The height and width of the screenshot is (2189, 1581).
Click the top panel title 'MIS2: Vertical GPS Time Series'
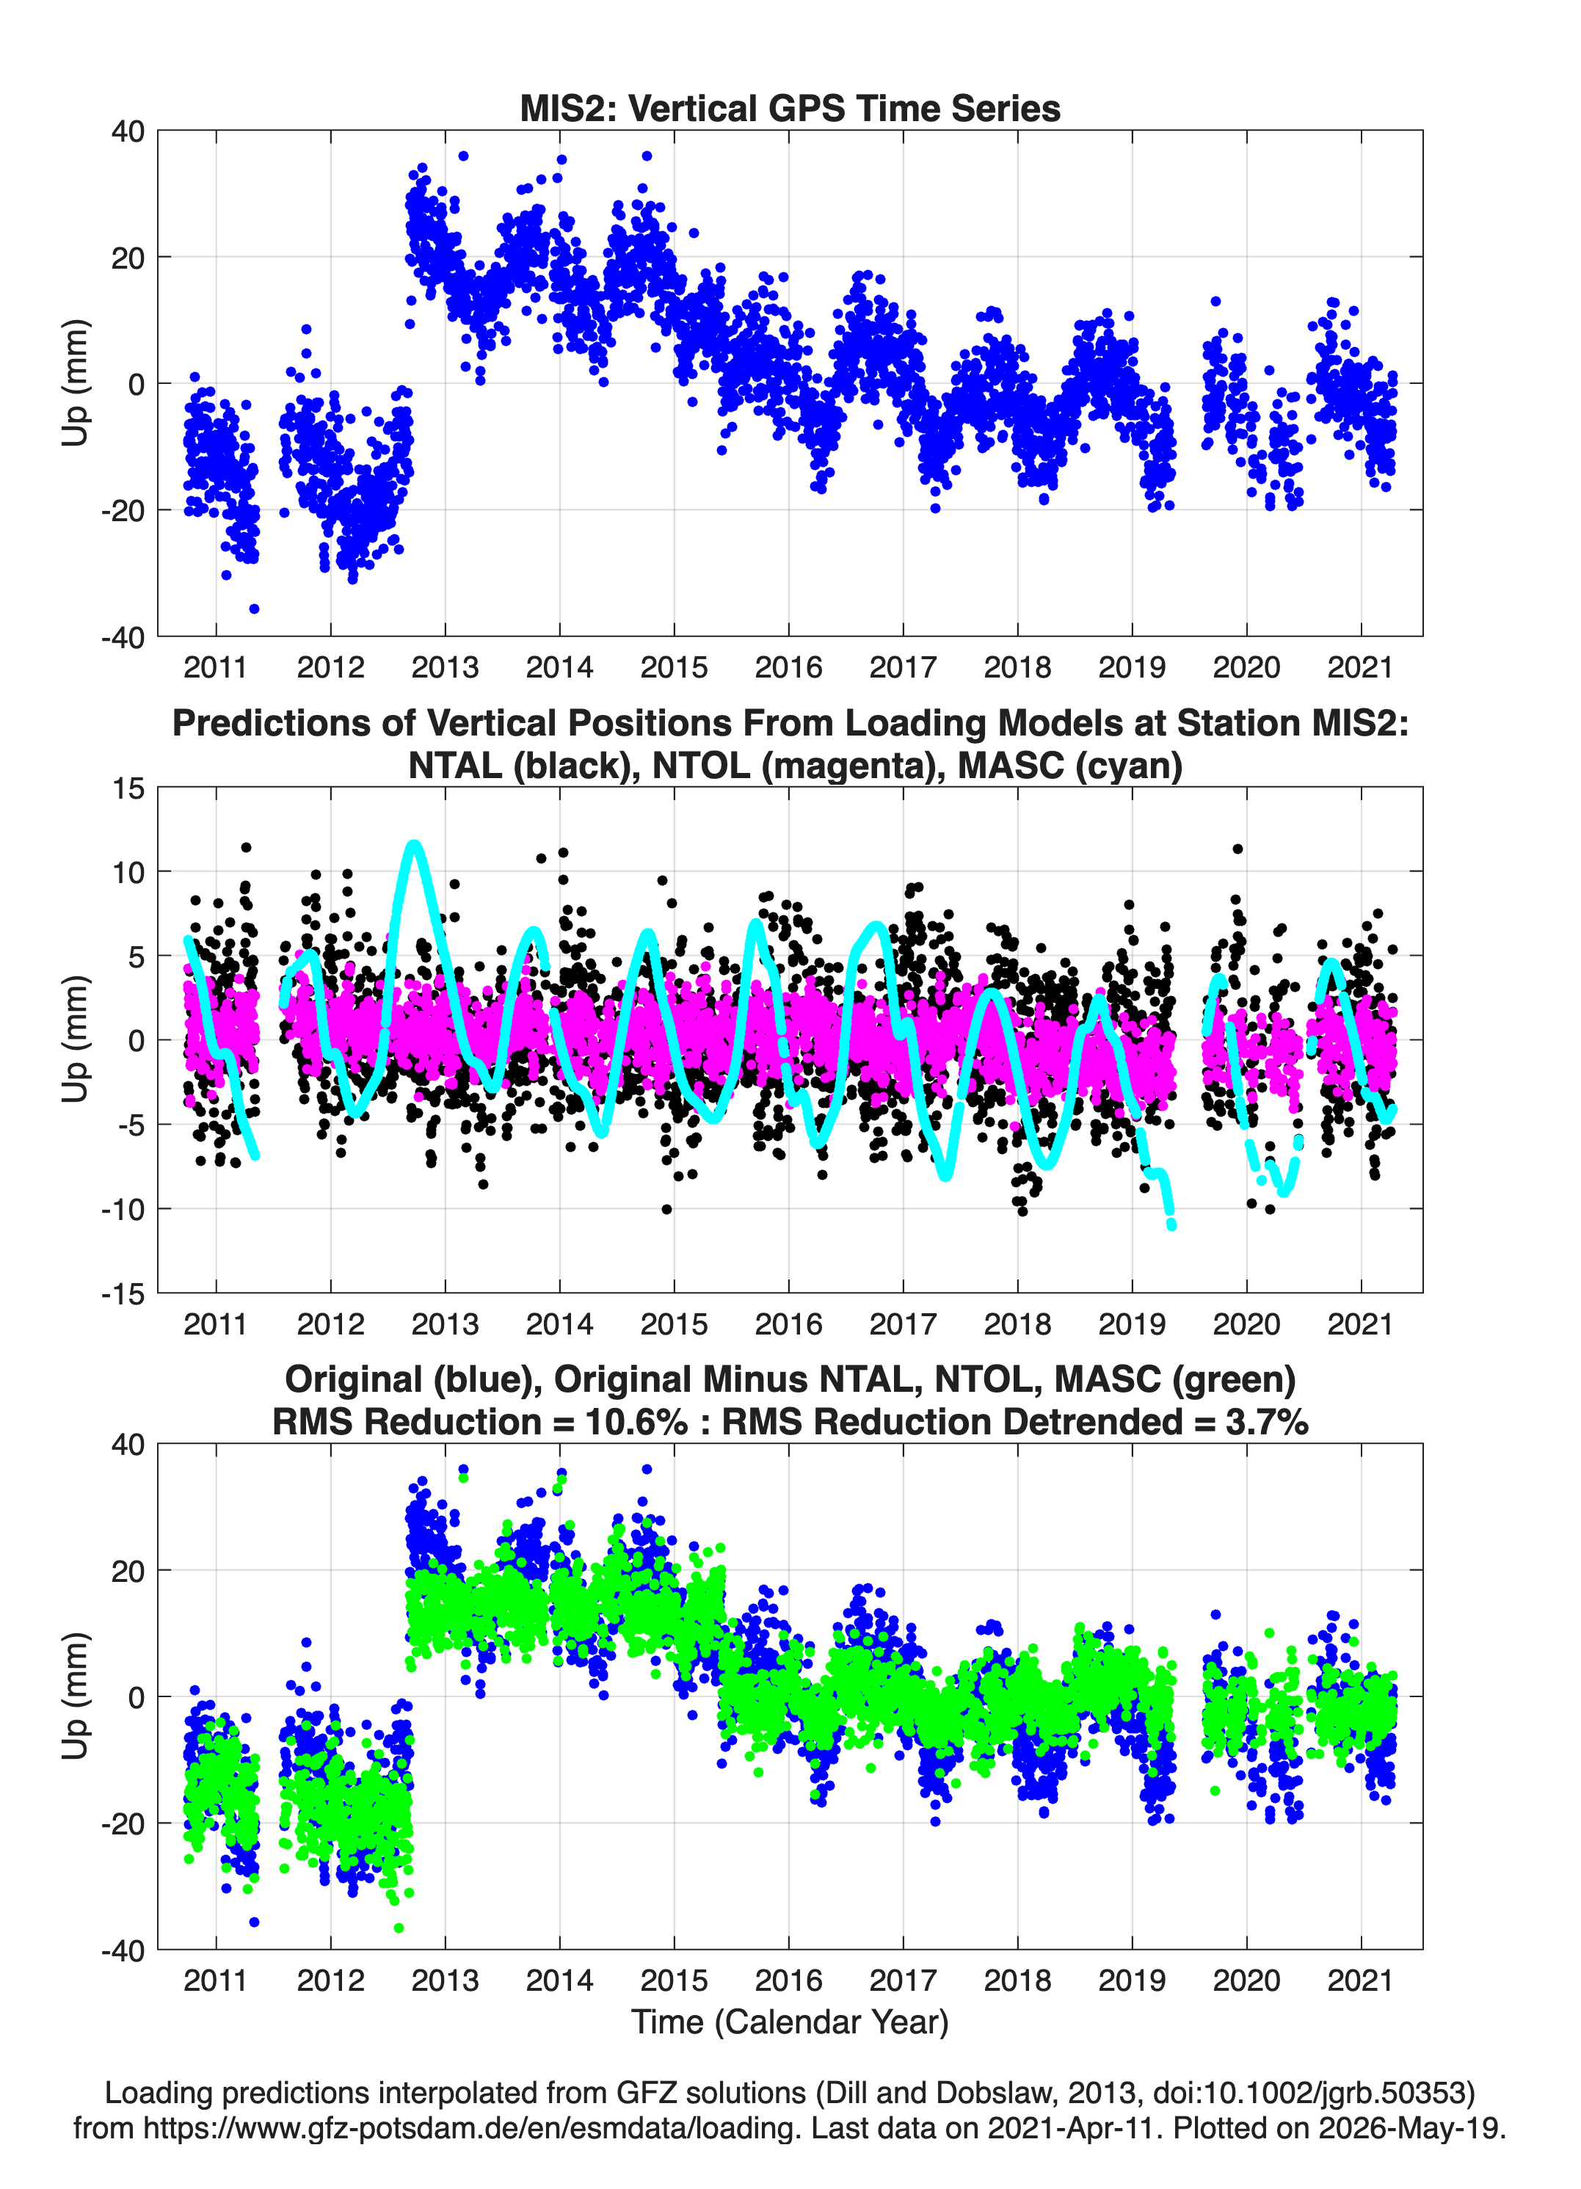coord(790,108)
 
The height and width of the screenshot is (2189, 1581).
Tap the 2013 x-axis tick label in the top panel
coord(445,667)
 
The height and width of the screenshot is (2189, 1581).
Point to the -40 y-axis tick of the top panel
coord(123,637)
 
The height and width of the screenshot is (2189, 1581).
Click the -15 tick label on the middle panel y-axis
coord(123,1294)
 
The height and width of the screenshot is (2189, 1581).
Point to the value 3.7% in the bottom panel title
coord(1268,1422)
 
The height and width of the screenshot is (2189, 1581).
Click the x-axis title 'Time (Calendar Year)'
coord(790,2021)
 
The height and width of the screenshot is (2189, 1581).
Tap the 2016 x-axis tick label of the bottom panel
coord(788,1981)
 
